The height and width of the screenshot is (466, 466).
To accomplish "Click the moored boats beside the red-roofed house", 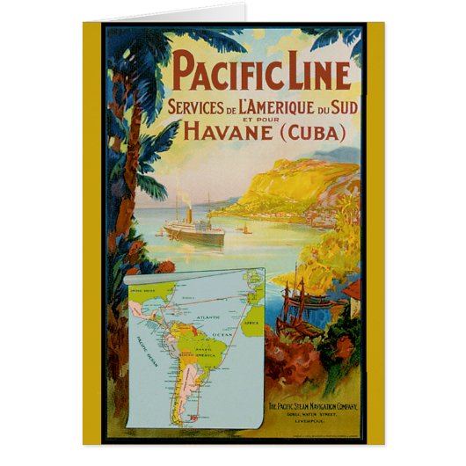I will click(309, 303).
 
